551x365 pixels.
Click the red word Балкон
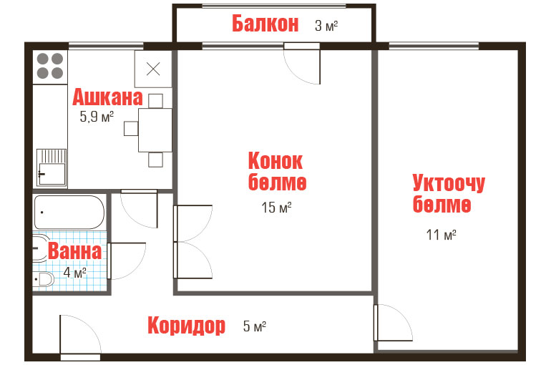click(x=265, y=24)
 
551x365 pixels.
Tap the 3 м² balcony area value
click(x=326, y=26)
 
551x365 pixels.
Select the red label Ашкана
click(x=107, y=97)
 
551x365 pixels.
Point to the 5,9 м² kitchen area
click(x=97, y=116)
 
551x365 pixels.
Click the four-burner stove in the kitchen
click(x=50, y=66)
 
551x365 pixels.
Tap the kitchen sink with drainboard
click(x=52, y=167)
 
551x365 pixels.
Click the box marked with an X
click(x=153, y=69)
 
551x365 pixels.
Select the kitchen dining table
click(x=155, y=130)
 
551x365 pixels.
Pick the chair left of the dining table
click(x=131, y=129)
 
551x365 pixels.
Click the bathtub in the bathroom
click(x=69, y=213)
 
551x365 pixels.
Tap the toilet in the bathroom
click(x=44, y=280)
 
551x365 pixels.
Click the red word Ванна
click(x=75, y=250)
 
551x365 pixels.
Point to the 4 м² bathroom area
click(x=75, y=272)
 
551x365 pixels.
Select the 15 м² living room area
click(x=276, y=208)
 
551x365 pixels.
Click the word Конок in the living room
click(x=275, y=161)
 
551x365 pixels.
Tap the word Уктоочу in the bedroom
click(x=449, y=183)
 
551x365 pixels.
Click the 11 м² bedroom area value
click(x=441, y=235)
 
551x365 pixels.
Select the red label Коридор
click(x=186, y=326)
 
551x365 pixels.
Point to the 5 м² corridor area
click(x=255, y=326)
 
